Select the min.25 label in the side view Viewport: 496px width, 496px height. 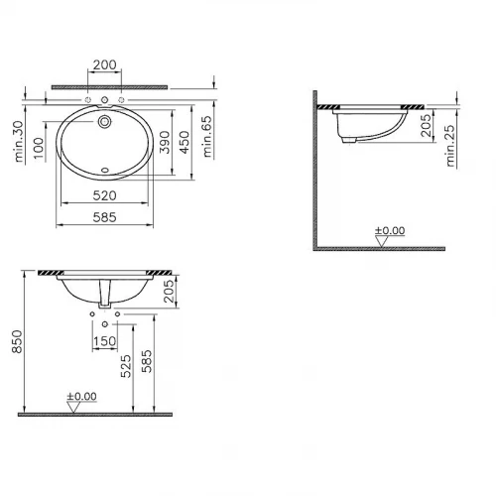point(451,148)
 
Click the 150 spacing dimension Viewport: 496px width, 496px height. point(105,342)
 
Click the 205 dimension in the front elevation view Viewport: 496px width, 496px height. point(168,291)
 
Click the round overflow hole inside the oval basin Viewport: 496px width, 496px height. point(105,123)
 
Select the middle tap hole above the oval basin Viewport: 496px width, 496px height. point(105,101)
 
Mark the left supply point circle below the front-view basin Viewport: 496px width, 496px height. point(92,314)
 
